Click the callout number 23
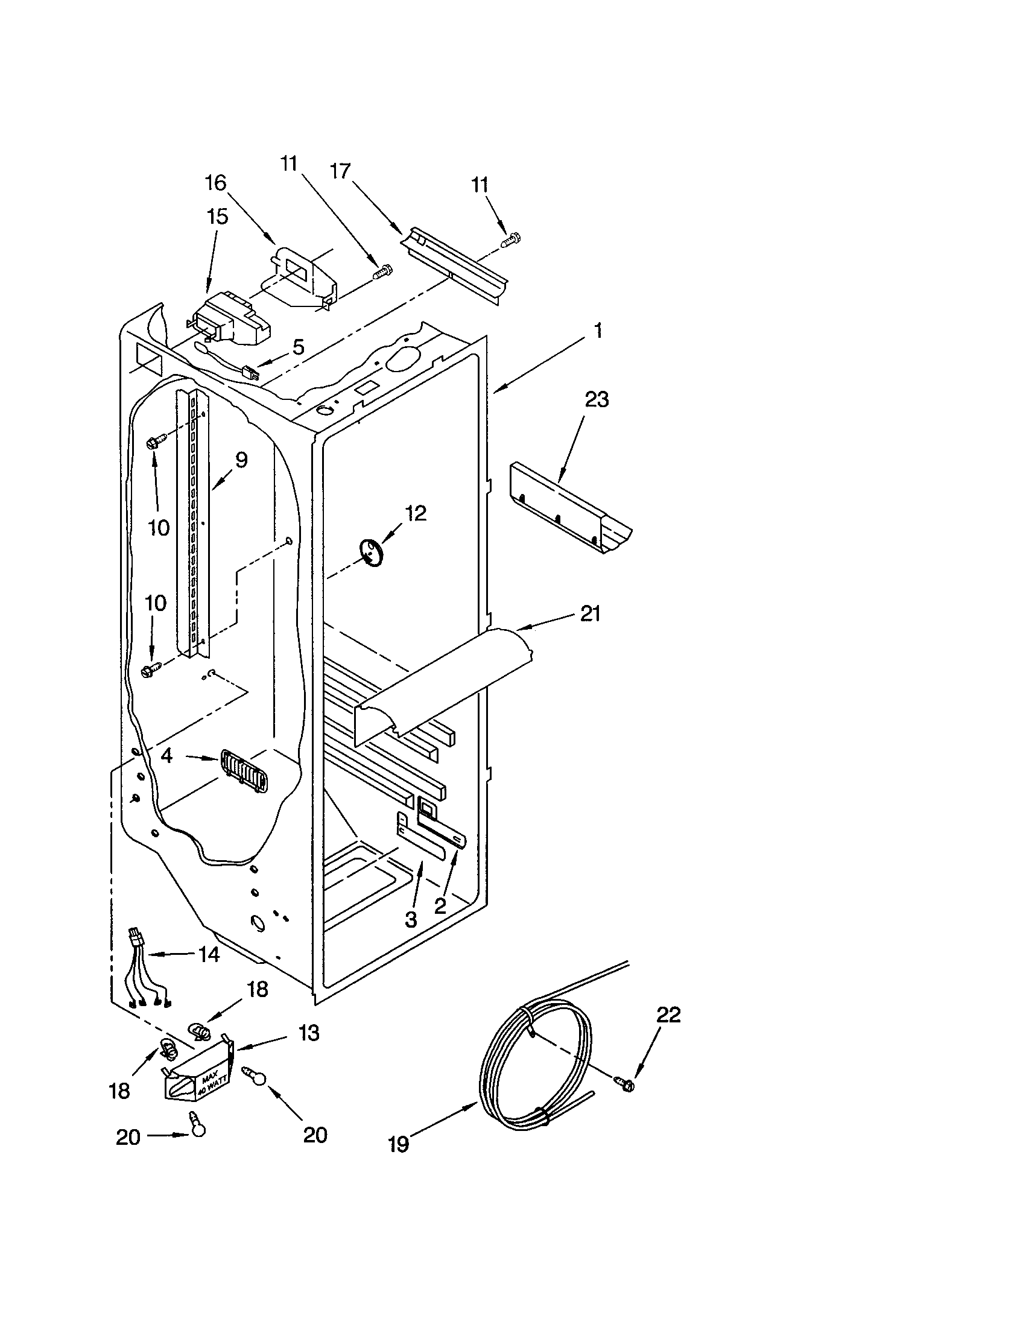596,400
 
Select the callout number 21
590,613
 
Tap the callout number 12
416,513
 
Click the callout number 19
399,1144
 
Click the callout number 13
309,1032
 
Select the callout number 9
241,460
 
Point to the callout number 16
215,183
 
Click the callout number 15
217,217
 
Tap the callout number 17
341,171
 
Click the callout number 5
297,347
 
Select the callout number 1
598,331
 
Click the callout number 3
411,919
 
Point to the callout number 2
440,906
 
